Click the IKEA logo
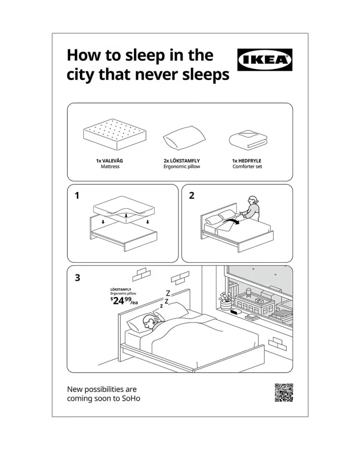265,60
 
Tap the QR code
284,392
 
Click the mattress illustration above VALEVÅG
115,134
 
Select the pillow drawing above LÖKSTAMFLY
184,138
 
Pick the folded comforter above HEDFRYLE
248,140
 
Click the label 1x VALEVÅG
109,161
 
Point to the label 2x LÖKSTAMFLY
182,161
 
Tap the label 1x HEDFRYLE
247,161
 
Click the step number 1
77,196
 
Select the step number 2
192,196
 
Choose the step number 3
77,278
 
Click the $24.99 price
124,301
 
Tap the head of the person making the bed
253,200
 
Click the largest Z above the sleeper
168,293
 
